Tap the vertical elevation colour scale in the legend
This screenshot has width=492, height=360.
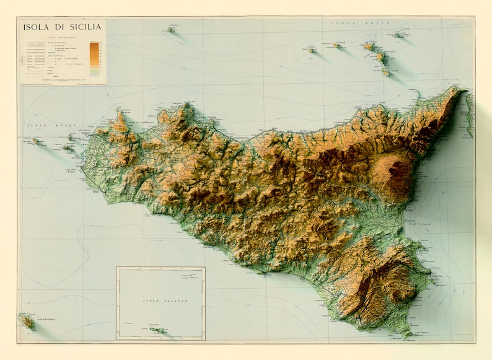[x=94, y=58]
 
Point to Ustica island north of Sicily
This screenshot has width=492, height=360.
[x=172, y=29]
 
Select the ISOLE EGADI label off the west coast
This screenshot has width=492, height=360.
[x=41, y=126]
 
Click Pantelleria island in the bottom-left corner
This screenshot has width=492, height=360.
[x=27, y=320]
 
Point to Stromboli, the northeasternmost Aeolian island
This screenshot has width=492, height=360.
[x=397, y=34]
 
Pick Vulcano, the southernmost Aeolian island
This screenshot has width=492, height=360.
[x=385, y=72]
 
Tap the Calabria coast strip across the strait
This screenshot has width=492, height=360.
[x=469, y=115]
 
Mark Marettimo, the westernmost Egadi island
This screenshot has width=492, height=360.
[x=35, y=141]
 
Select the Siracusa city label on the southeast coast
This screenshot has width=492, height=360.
[x=436, y=276]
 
